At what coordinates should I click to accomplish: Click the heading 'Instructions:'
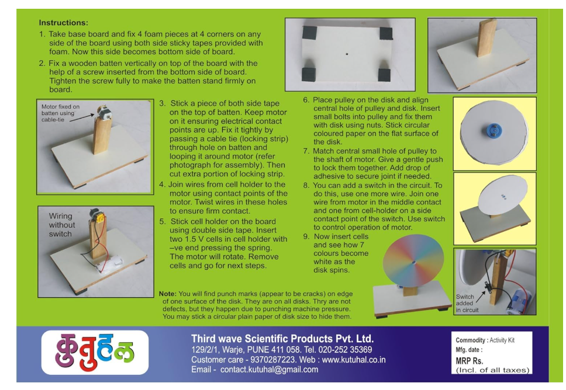pyautogui.click(x=64, y=23)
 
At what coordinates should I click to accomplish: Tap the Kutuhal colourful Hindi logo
pyautogui.click(x=95, y=352)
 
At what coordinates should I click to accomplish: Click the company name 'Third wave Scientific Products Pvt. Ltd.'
pyautogui.click(x=282, y=339)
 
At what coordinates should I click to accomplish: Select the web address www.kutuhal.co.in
pyautogui.click(x=354, y=360)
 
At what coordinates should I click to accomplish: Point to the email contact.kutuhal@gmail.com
pyautogui.click(x=270, y=370)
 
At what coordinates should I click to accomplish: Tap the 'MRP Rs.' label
pyautogui.click(x=470, y=361)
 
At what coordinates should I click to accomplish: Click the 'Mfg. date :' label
pyautogui.click(x=469, y=350)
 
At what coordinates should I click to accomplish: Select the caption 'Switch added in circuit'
pyautogui.click(x=467, y=303)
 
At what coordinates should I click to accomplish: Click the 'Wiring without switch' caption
pyautogui.click(x=62, y=225)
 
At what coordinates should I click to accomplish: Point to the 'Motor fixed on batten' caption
pyautogui.click(x=60, y=113)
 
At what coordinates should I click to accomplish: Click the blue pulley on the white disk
pyautogui.click(x=495, y=130)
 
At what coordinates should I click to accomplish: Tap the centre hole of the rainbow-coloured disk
pyautogui.click(x=413, y=262)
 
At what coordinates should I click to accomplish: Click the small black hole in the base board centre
pyautogui.click(x=347, y=54)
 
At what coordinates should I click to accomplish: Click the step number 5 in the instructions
pyautogui.click(x=163, y=221)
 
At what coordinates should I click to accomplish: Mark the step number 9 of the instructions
pyautogui.click(x=306, y=236)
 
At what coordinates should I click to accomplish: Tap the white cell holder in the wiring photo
pyautogui.click(x=109, y=267)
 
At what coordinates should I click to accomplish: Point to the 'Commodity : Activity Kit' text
pyautogui.click(x=485, y=340)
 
